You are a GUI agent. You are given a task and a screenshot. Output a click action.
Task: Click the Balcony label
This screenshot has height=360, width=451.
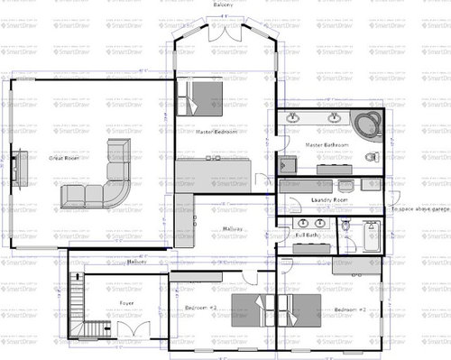coord(224,5)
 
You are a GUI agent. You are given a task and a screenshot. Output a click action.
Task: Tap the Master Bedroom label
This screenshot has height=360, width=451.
coord(216,132)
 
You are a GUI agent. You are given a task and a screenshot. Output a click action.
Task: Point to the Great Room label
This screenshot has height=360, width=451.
coord(66,159)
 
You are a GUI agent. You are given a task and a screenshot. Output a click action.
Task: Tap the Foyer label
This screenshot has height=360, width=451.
coord(126,303)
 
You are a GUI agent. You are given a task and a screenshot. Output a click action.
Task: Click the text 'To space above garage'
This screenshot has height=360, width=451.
coord(419,209)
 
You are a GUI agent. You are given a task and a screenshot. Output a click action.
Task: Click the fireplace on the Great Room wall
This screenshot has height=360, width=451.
coord(17,167)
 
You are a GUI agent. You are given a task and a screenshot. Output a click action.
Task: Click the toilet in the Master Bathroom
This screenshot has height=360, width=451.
coord(371,156)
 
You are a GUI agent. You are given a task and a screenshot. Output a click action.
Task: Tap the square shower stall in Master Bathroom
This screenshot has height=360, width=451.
coord(288,164)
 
